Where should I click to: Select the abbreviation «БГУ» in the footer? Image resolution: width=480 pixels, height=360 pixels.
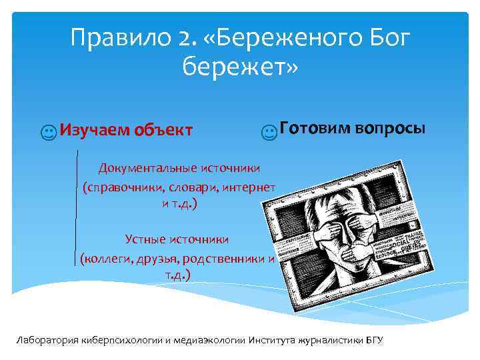[375, 340]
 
